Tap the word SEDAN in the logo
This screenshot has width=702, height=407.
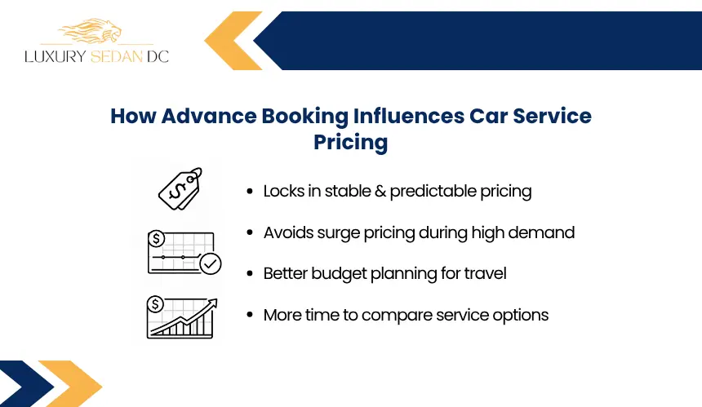pyautogui.click(x=117, y=56)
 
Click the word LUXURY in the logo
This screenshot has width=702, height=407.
pyautogui.click(x=55, y=56)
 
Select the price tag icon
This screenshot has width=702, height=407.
pyautogui.click(x=180, y=188)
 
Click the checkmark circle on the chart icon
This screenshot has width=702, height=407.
pyautogui.click(x=210, y=263)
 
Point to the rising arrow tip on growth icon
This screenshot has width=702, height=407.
pyautogui.click(x=214, y=302)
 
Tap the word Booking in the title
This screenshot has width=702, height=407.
pyautogui.click(x=304, y=117)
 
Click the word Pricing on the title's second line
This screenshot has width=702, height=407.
pyautogui.click(x=350, y=143)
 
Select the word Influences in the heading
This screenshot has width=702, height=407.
pyautogui.click(x=409, y=116)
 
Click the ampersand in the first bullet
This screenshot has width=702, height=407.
pyautogui.click(x=380, y=191)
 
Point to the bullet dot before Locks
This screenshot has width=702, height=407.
pyautogui.click(x=250, y=192)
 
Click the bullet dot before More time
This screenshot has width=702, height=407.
pyautogui.click(x=250, y=315)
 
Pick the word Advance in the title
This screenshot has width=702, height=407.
pyautogui.click(x=209, y=116)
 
